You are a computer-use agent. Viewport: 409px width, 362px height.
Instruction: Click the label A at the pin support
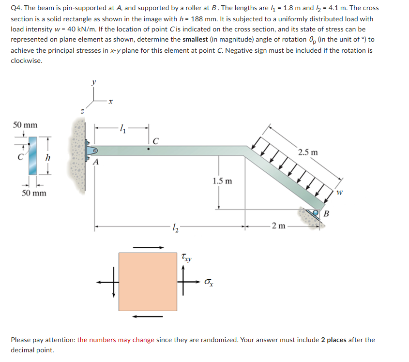pos(95,162)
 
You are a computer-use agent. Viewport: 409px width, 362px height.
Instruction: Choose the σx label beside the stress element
pos(209,281)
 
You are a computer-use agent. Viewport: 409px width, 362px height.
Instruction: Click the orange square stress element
pos(148,281)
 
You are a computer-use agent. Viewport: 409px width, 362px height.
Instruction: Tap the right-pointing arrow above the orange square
pos(148,247)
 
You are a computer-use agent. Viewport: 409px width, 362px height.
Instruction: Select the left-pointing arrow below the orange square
pos(148,317)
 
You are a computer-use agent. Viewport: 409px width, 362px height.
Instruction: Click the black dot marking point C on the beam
pos(149,149)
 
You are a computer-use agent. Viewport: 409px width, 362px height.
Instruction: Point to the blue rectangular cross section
pos(32,155)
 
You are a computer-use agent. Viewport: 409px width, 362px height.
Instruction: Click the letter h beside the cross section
pos(47,158)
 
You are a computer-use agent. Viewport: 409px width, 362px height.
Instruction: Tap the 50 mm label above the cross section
pos(25,125)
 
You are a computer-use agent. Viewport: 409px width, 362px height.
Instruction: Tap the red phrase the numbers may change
pos(116,340)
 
